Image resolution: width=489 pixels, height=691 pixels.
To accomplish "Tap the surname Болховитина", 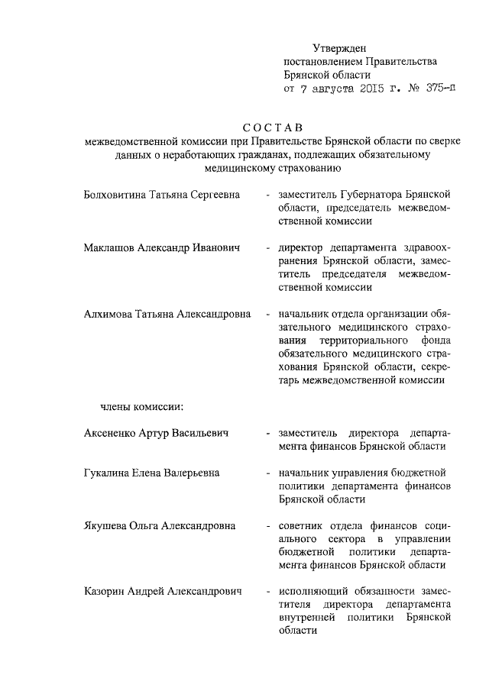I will click(x=114, y=195).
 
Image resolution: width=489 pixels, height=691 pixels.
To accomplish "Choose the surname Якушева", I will click(x=105, y=525).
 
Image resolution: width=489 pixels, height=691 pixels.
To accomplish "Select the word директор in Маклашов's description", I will click(x=303, y=248).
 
